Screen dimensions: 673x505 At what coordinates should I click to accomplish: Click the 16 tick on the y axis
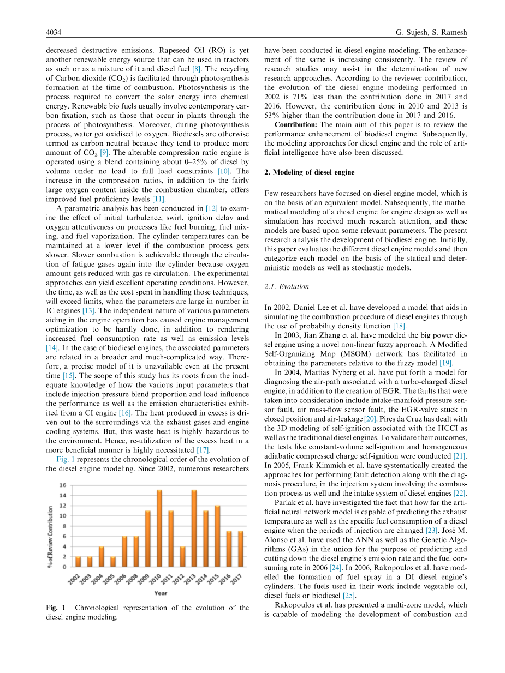coord(63,485)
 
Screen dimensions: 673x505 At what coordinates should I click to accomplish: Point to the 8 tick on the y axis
coord(64,526)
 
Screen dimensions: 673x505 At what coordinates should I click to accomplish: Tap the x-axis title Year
coord(161,593)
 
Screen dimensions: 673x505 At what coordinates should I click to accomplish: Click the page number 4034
coord(53,33)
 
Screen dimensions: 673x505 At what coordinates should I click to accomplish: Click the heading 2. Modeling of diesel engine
coord(309,172)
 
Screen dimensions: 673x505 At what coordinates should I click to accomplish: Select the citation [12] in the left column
coord(211,208)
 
